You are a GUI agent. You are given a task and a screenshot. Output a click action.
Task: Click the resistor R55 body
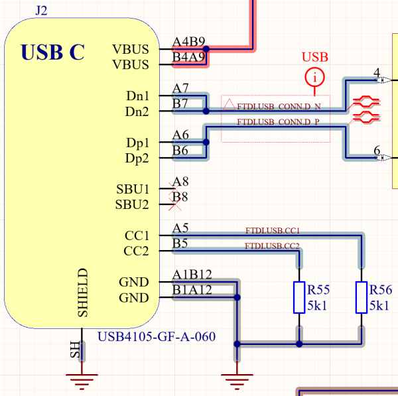pos(299,297)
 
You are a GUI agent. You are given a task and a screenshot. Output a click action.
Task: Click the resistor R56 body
pos(362,297)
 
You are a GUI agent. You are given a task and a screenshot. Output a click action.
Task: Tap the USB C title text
pos(53,52)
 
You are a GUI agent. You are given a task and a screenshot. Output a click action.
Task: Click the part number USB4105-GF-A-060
pos(157,336)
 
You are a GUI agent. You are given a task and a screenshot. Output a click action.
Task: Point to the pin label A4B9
pos(188,41)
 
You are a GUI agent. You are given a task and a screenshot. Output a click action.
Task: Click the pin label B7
pos(180,103)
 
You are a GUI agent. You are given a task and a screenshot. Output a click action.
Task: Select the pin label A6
pos(180,135)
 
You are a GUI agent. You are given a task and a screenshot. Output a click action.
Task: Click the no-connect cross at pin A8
pos(176,182)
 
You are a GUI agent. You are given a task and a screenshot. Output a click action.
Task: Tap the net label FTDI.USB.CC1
pos(273,231)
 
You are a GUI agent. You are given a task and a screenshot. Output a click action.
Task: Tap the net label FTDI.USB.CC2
pos(273,246)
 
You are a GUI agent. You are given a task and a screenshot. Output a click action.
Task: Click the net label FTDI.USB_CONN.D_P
pos(279,122)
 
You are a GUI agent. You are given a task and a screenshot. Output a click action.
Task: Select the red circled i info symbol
pos(315,78)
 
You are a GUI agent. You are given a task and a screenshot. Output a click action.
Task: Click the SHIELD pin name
pos(83,292)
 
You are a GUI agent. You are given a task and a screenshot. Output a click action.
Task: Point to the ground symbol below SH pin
pos(81,379)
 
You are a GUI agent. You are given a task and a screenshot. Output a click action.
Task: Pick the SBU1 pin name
pos(132,189)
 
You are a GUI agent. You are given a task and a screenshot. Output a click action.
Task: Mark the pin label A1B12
pos(192,275)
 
